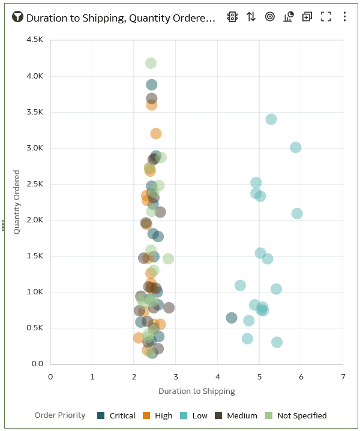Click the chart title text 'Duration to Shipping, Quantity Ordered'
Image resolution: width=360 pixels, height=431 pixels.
pos(120,18)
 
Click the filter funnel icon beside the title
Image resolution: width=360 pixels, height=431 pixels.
pos(17,17)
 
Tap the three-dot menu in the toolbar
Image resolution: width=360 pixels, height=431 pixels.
pos(344,17)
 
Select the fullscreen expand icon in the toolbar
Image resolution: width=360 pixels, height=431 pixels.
pos(326,17)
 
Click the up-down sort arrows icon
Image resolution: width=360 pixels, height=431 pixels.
pos(251,17)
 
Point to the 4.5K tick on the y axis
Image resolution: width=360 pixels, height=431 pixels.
pos(35,40)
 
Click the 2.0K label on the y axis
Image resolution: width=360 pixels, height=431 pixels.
pos(35,220)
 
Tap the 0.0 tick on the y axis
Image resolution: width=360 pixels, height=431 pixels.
pos(37,364)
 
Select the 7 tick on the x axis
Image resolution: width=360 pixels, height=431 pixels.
pos(343,376)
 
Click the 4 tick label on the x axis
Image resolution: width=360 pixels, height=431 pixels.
pos(217,376)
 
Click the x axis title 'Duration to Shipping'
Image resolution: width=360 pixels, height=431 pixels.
pos(196,391)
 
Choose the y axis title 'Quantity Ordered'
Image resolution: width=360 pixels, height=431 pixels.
pos(17,202)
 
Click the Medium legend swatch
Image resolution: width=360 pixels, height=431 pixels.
pos(219,415)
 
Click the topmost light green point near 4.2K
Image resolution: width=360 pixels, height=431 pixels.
pos(151,64)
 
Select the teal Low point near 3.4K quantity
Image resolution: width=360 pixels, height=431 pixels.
pos(271,119)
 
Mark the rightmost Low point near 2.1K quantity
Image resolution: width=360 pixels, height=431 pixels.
pos(296,213)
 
